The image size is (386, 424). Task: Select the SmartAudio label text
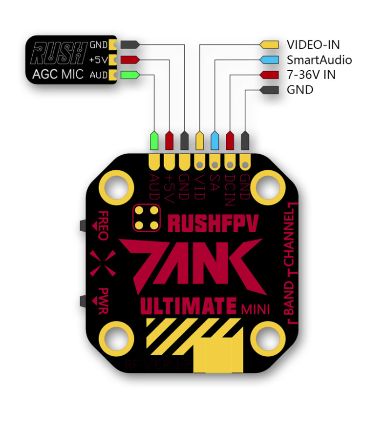[x=319, y=60]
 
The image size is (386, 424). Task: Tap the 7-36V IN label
[x=311, y=75]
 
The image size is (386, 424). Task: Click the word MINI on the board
[x=254, y=308]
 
